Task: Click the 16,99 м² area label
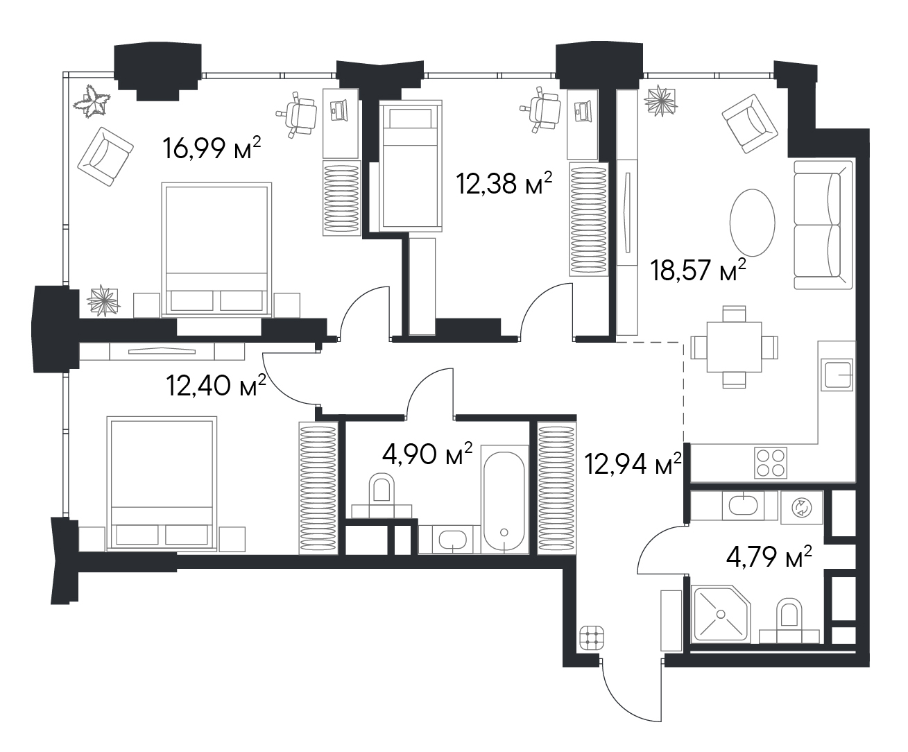(212, 148)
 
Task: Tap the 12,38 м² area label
(504, 183)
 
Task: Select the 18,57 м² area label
(698, 270)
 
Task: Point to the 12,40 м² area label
(216, 385)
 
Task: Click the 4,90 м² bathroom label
(427, 454)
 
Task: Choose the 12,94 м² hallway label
(633, 463)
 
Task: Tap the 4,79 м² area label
(769, 557)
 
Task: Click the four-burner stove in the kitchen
(771, 463)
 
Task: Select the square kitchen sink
(837, 375)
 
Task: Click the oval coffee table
(753, 223)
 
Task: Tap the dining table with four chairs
(734, 347)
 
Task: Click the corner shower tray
(721, 614)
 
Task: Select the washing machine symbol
(802, 507)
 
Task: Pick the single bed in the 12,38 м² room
(411, 166)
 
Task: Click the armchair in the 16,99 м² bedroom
(105, 157)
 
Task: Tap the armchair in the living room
(750, 124)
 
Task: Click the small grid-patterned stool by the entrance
(592, 638)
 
